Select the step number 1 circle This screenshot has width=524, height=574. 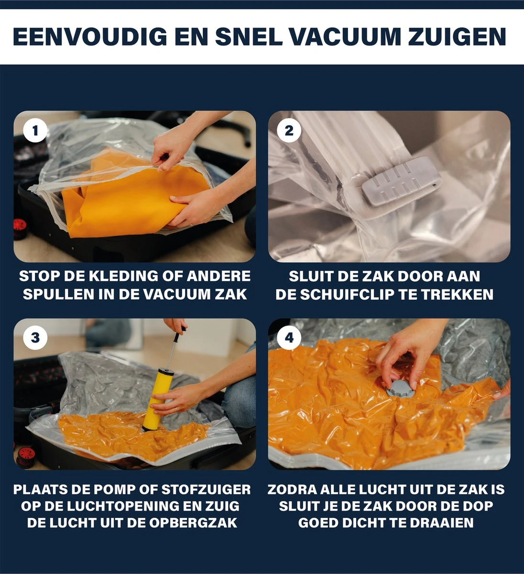pyautogui.click(x=35, y=131)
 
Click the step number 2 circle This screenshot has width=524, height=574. pyautogui.click(x=289, y=131)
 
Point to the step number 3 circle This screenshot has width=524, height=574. pyautogui.click(x=35, y=338)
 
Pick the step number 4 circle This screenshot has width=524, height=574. pyautogui.click(x=289, y=338)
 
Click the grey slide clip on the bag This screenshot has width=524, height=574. pyautogui.click(x=401, y=181)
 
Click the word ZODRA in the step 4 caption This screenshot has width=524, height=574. pyautogui.click(x=292, y=489)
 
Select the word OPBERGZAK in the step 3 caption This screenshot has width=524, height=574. pyautogui.click(x=193, y=523)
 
